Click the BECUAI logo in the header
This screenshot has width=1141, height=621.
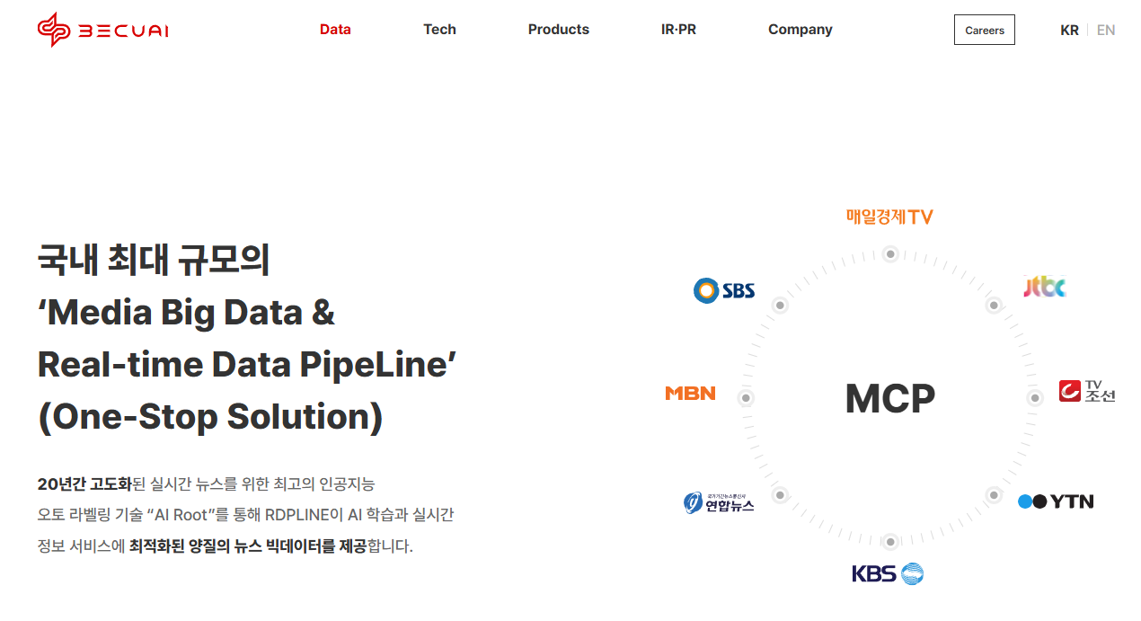pyautogui.click(x=102, y=30)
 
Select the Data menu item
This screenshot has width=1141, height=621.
pyautogui.click(x=335, y=30)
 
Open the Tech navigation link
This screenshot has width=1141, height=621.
pyautogui.click(x=439, y=30)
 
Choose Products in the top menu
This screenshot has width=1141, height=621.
pyautogui.click(x=558, y=30)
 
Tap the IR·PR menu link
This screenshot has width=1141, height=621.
pyautogui.click(x=678, y=30)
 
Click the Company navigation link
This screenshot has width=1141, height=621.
pyautogui.click(x=800, y=30)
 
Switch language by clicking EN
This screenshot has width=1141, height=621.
pyautogui.click(x=1106, y=30)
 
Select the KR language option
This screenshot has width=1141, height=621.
pyautogui.click(x=1069, y=30)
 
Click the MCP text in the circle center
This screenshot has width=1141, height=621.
pyautogui.click(x=889, y=398)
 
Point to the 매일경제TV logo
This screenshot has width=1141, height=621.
pyautogui.click(x=889, y=217)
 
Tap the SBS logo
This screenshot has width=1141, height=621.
pyautogui.click(x=724, y=290)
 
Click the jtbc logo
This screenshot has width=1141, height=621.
pyautogui.click(x=1045, y=287)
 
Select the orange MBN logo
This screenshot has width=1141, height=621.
pyautogui.click(x=690, y=393)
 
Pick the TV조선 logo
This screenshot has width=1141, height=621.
pyautogui.click(x=1086, y=391)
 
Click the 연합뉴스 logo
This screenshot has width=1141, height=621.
pyautogui.click(x=719, y=502)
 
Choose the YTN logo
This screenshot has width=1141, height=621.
pyautogui.click(x=1056, y=501)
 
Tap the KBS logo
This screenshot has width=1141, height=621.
pyautogui.click(x=888, y=573)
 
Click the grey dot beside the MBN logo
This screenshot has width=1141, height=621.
pyautogui.click(x=745, y=398)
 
